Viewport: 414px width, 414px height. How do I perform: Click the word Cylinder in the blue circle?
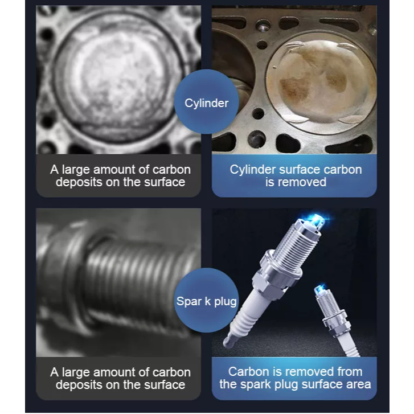point(207,103)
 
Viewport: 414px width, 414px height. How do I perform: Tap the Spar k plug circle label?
point(207,301)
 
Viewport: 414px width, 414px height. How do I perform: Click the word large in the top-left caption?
point(76,170)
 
